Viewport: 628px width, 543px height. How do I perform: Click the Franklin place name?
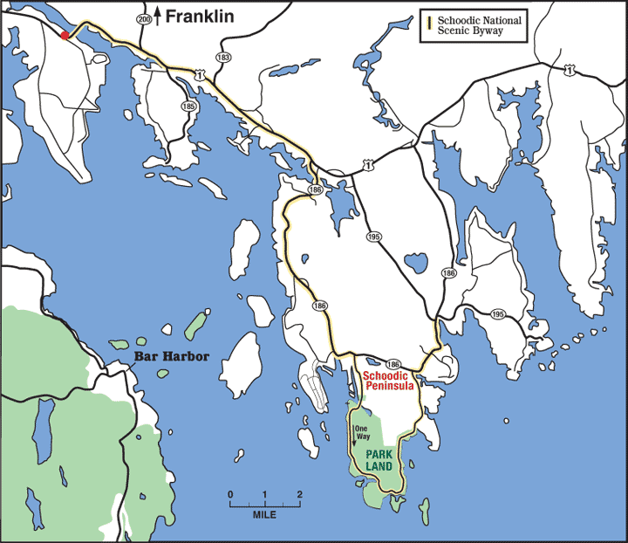[200, 16]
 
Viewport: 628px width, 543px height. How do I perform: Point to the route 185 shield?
[189, 106]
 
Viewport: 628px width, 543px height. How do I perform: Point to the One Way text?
[362, 430]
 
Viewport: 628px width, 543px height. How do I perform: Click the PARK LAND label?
[379, 460]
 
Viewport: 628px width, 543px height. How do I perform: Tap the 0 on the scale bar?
[230, 495]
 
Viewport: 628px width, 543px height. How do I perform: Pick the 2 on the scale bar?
[299, 495]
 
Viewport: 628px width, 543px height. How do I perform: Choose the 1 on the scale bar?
[264, 495]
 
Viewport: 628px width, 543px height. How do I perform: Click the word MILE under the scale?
[264, 515]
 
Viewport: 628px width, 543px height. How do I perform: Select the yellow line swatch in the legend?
[429, 24]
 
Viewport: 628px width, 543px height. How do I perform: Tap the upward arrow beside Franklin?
[158, 16]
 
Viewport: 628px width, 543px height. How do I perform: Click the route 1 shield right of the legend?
[568, 68]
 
